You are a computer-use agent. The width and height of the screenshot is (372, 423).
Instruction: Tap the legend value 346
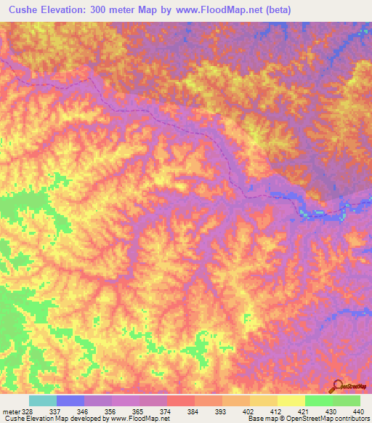tap(84, 411)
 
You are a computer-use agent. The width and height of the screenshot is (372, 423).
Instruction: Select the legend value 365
tap(139, 411)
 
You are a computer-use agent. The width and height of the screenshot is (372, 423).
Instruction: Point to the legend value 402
tap(248, 411)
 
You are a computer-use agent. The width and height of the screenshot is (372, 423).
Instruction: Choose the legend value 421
tap(303, 411)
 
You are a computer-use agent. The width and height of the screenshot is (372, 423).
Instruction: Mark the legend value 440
tap(357, 411)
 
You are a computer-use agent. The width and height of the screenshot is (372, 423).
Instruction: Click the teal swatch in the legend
tap(43, 400)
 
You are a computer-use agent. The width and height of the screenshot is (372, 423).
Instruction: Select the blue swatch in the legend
tap(70, 400)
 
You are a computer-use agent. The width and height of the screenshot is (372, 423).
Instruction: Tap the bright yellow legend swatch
tap(291, 400)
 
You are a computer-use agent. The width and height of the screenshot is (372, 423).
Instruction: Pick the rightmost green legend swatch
tap(346, 400)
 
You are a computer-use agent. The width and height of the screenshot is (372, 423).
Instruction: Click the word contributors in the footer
tap(350, 419)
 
